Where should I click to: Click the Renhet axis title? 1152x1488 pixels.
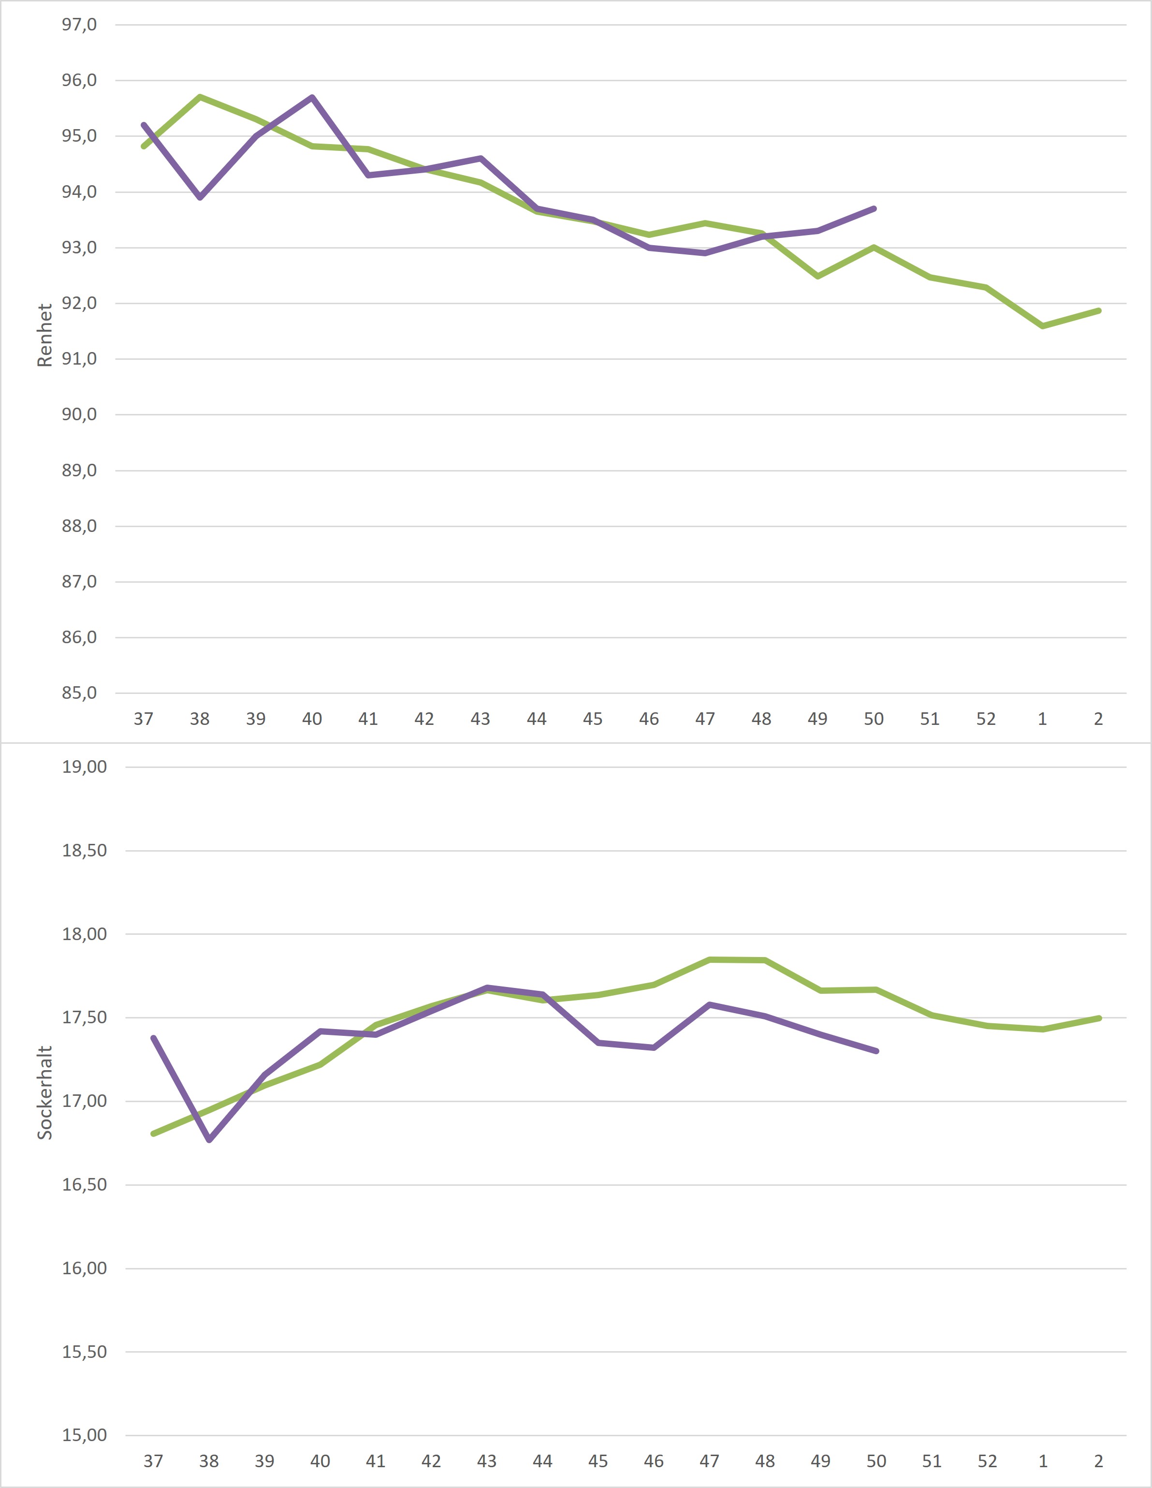44,335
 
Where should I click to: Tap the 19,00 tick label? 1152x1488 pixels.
85,766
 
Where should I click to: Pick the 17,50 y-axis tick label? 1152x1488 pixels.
85,1017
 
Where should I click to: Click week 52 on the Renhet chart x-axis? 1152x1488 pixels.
986,719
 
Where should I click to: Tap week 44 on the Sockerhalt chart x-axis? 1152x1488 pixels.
542,1461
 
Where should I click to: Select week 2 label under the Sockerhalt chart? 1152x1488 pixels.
1098,1461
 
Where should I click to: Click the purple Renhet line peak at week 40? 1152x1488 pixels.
312,97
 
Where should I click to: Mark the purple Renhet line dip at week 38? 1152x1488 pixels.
200,198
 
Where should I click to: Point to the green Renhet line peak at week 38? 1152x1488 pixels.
200,97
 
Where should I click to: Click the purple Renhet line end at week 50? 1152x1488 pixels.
874,208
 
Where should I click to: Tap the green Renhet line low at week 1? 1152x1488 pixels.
1042,326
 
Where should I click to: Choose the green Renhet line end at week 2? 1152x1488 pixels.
1099,310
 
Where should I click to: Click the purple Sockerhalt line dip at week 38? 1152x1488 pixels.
209,1140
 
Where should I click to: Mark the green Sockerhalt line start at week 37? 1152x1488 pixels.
153,1134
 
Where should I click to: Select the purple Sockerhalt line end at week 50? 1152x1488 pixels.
877,1050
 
